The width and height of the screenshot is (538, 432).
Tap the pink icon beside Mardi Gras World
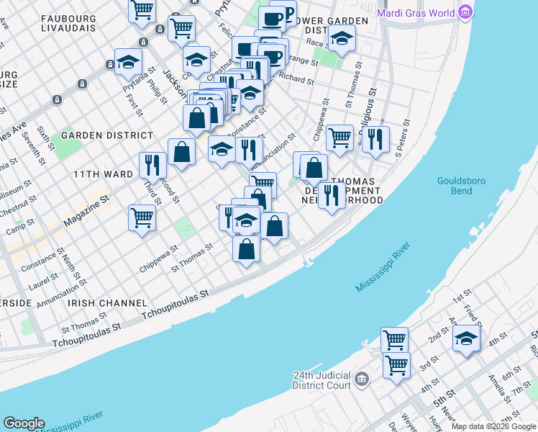466,12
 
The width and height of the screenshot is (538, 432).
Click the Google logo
24,423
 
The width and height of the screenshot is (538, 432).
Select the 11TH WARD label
103,174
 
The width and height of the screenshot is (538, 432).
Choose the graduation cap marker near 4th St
466,338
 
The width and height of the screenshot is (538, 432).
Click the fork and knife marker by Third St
151,165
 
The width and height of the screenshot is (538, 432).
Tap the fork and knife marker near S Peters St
375,138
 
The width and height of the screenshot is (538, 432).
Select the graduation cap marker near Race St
342,37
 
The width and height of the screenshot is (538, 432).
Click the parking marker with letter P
285,14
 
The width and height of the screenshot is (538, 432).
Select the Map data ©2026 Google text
494,426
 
